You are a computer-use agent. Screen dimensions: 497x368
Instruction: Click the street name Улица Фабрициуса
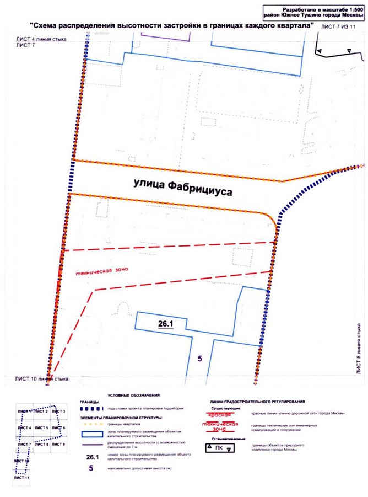182,187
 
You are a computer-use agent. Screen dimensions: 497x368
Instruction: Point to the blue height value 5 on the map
200,359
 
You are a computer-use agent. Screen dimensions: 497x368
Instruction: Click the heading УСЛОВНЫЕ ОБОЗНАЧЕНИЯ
133,396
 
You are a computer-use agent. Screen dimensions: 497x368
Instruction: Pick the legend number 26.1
92,457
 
